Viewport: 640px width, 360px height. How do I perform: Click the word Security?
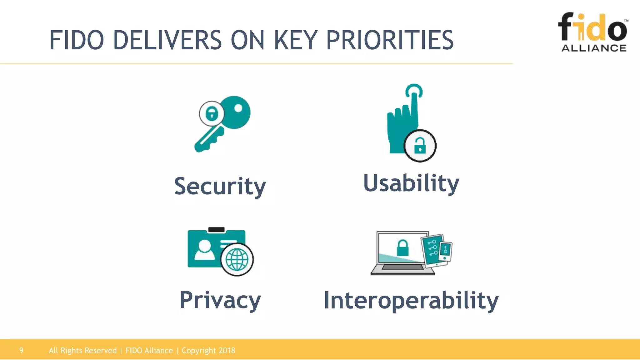coord(220,186)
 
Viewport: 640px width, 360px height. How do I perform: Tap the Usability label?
coord(411,183)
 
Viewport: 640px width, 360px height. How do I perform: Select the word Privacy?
coord(220,300)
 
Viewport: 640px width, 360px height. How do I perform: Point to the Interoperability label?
coord(411,301)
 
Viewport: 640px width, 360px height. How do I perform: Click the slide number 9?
coord(21,350)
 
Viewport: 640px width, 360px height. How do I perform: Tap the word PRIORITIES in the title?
coord(390,40)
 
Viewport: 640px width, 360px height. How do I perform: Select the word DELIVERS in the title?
coord(167,40)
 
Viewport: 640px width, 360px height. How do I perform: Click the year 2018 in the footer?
coord(227,350)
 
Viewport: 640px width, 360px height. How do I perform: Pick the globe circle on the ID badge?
coord(237,260)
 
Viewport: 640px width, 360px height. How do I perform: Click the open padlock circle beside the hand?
coord(420,146)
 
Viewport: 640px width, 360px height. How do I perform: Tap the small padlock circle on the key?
coord(212,113)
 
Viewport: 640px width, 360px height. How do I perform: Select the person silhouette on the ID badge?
coord(205,250)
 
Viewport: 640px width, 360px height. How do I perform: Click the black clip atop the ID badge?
coord(216,230)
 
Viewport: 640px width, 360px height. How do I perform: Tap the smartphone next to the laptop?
coord(445,251)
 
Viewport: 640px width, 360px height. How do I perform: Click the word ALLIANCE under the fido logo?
coord(594,48)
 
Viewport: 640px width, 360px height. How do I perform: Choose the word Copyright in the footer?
coord(199,350)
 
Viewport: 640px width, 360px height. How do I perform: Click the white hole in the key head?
coord(238,108)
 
